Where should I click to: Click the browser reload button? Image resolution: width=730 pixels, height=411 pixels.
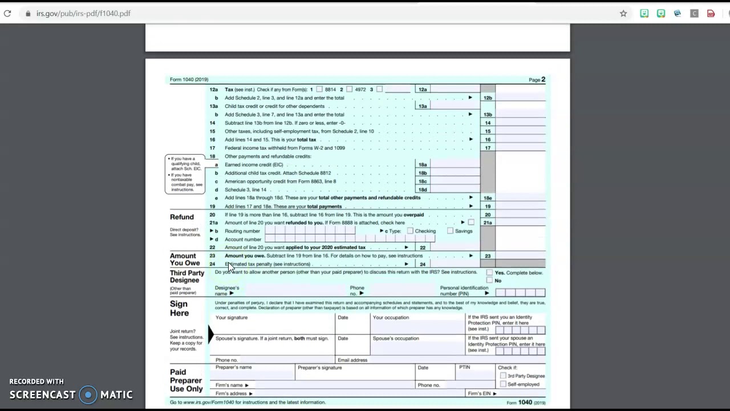pos(7,13)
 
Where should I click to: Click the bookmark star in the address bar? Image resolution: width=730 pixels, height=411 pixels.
pos(623,13)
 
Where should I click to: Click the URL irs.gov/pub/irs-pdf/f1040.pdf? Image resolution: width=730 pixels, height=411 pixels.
pos(83,13)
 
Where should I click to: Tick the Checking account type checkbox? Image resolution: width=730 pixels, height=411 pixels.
pos(410,231)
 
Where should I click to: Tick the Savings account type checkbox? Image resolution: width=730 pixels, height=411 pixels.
pos(450,231)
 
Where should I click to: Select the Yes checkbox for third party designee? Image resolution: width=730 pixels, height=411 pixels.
pos(489,273)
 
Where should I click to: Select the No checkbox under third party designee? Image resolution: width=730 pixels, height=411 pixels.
pos(489,280)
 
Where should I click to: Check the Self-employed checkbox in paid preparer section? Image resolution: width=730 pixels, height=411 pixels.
pos(503,384)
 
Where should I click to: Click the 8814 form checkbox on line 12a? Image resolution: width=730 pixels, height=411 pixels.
pos(319,90)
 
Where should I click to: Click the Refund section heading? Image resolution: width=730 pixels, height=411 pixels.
pos(182,217)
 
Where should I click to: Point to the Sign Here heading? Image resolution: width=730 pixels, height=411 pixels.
pos(179,308)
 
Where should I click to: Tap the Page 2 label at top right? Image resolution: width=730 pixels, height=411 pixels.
pos(537,80)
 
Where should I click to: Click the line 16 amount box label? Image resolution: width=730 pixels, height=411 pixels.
pos(488,139)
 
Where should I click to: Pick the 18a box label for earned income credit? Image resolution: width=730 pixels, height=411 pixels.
pos(422,164)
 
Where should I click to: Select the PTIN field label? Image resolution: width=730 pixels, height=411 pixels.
pos(464,367)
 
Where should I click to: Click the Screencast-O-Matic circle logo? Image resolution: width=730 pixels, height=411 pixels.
pos(88,394)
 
